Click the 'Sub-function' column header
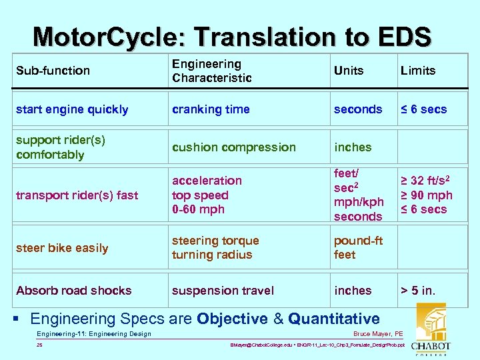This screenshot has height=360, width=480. tap(53, 71)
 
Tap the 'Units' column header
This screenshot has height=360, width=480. tap(349, 71)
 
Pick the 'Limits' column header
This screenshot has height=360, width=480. tap(418, 71)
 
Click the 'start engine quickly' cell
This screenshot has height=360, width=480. tap(72, 109)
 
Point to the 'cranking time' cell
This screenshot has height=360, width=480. tap(211, 109)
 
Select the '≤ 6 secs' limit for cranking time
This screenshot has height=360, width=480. tap(423, 109)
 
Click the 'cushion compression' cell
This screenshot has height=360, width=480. tap(233, 147)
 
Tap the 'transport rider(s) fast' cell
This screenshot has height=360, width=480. tap(77, 195)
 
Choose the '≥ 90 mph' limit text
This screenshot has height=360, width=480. tap(426, 195)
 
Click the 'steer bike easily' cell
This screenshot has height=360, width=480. tap(62, 248)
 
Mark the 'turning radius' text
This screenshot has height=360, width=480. tap(212, 255)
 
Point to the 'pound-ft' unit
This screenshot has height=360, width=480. tap(358, 241)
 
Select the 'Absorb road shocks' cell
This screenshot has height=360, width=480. tap(74, 291)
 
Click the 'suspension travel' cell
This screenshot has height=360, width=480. tap(223, 291)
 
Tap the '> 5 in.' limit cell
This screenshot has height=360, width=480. tap(418, 291)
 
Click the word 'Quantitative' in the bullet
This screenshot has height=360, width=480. tap(334, 319)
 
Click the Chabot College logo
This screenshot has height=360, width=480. tap(430, 331)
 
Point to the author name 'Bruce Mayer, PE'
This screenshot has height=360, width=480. tap(378, 334)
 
